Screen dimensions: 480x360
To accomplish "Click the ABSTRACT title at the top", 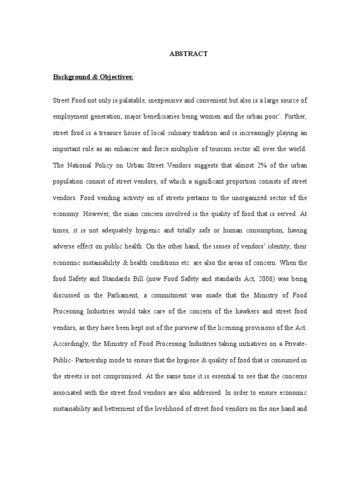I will pyautogui.click(x=188, y=54).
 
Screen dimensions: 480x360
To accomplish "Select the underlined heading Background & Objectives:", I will pyautogui.click(x=93, y=77).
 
